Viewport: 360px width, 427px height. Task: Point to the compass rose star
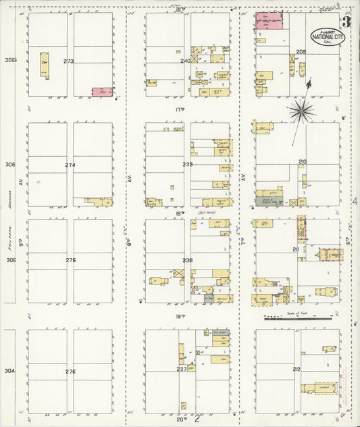pos(301,109)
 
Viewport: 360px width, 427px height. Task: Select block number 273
pos(69,61)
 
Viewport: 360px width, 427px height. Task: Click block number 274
pos(70,164)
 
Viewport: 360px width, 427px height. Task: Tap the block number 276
pos(70,372)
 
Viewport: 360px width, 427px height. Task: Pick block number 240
pos(185,61)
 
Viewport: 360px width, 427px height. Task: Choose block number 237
pos(182,368)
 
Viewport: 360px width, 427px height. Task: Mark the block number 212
pos(296,369)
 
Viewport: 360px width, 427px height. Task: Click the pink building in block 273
pos(102,91)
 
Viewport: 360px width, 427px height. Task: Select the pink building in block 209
pos(269,20)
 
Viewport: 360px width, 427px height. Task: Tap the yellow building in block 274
pos(99,201)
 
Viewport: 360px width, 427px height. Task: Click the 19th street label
pos(180,316)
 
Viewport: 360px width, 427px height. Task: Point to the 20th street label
pos(180,419)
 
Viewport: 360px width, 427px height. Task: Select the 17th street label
pos(180,109)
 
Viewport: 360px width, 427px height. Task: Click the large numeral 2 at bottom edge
pos(197,420)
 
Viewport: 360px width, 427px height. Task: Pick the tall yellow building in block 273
pos(45,65)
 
